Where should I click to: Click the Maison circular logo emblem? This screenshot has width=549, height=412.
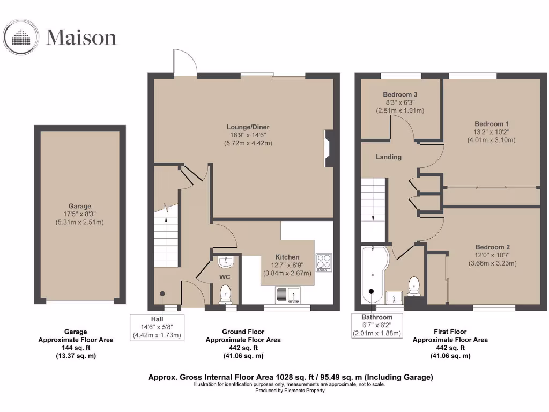pyautogui.click(x=21, y=38)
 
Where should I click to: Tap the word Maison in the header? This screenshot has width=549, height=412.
pyautogui.click(x=81, y=38)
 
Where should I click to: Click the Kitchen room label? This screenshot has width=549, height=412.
pyautogui.click(x=287, y=257)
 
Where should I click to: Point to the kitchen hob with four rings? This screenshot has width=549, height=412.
pyautogui.click(x=324, y=262)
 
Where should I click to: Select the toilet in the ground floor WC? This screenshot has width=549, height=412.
pyautogui.click(x=226, y=293)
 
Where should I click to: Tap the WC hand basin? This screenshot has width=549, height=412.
pyautogui.click(x=226, y=262)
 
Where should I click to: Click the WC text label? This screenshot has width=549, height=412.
pyautogui.click(x=225, y=277)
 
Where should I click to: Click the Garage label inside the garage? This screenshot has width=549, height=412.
pyautogui.click(x=79, y=206)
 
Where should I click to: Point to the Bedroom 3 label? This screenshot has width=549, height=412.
pyautogui.click(x=400, y=95)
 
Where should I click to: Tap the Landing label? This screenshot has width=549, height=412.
pyautogui.click(x=389, y=157)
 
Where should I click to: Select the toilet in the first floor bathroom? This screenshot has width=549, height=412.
pyautogui.click(x=414, y=285)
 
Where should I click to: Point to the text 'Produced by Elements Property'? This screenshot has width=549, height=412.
pyautogui.click(x=290, y=391)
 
